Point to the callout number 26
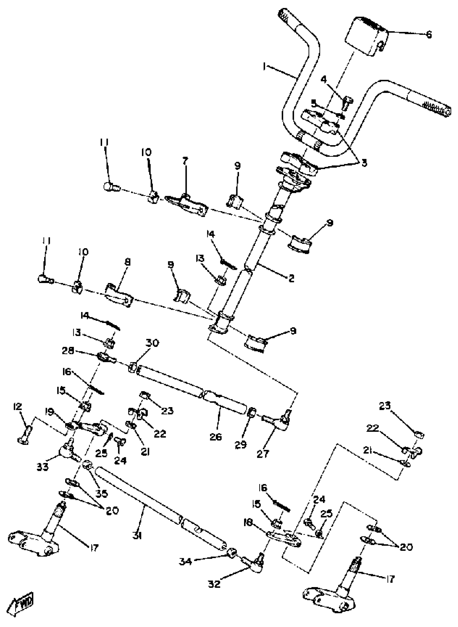click(x=216, y=437)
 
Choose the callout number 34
click(x=185, y=562)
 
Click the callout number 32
click(x=214, y=584)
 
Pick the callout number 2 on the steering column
click(x=291, y=278)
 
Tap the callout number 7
click(x=185, y=161)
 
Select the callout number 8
click(x=127, y=262)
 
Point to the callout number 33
click(x=42, y=466)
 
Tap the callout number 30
click(x=152, y=343)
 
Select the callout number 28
click(x=68, y=351)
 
